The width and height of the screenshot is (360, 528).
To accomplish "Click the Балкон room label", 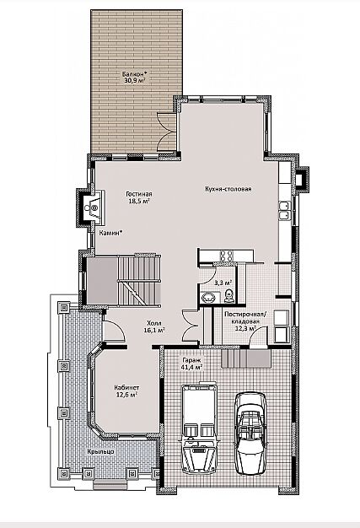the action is coord(133,73).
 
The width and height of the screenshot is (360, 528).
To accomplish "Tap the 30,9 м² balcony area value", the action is coord(135,80).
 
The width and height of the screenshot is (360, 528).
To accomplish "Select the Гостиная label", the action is coord(139,194).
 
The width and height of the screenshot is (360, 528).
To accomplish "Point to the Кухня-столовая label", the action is coord(228,189).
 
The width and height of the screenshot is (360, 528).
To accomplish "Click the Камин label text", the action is coord(110,233).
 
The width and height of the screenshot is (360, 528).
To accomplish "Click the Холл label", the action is coord(154,323).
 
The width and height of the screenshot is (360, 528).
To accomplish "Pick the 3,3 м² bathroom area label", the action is coord(224,283).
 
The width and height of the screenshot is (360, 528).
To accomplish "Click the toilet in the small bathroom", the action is coord(228,295).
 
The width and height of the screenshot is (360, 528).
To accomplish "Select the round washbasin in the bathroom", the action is coord(209,298).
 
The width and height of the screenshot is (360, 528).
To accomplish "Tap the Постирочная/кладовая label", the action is coord(245,318).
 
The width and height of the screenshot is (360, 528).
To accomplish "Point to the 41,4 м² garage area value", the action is coord(192,367).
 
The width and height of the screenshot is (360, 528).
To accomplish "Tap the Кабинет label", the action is coord(126,388).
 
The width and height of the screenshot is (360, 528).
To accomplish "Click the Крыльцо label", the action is coord(100,451).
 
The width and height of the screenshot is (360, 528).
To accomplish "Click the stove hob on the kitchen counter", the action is coord(226,256).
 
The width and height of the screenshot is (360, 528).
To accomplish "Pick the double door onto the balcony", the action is coord(167,131).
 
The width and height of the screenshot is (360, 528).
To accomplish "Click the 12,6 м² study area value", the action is coord(126,395).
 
